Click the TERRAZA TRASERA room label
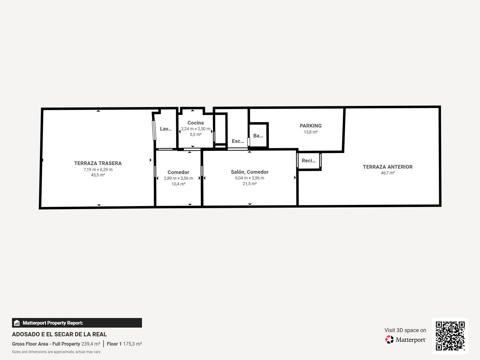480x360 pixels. [98, 163]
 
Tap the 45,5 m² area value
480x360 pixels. [98, 175]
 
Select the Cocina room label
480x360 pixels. [195, 123]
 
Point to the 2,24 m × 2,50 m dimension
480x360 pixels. [195, 129]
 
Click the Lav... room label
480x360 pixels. [165, 129]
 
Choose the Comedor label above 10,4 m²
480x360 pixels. [178, 172]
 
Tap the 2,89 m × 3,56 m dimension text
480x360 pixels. [178, 178]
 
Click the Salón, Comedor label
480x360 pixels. [249, 172]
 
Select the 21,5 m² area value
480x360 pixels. [249, 184]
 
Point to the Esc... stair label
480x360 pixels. [238, 141]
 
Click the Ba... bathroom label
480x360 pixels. [258, 136]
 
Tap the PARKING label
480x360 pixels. [310, 126]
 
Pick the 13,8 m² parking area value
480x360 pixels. [310, 132]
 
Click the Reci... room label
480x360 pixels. [309, 160]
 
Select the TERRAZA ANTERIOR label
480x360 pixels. [388, 167]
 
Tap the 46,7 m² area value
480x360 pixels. [388, 173]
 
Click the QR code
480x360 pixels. [450, 336]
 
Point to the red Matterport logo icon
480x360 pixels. [389, 340]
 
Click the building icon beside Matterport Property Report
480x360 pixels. [17, 323]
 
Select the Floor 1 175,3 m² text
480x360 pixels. [124, 344]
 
